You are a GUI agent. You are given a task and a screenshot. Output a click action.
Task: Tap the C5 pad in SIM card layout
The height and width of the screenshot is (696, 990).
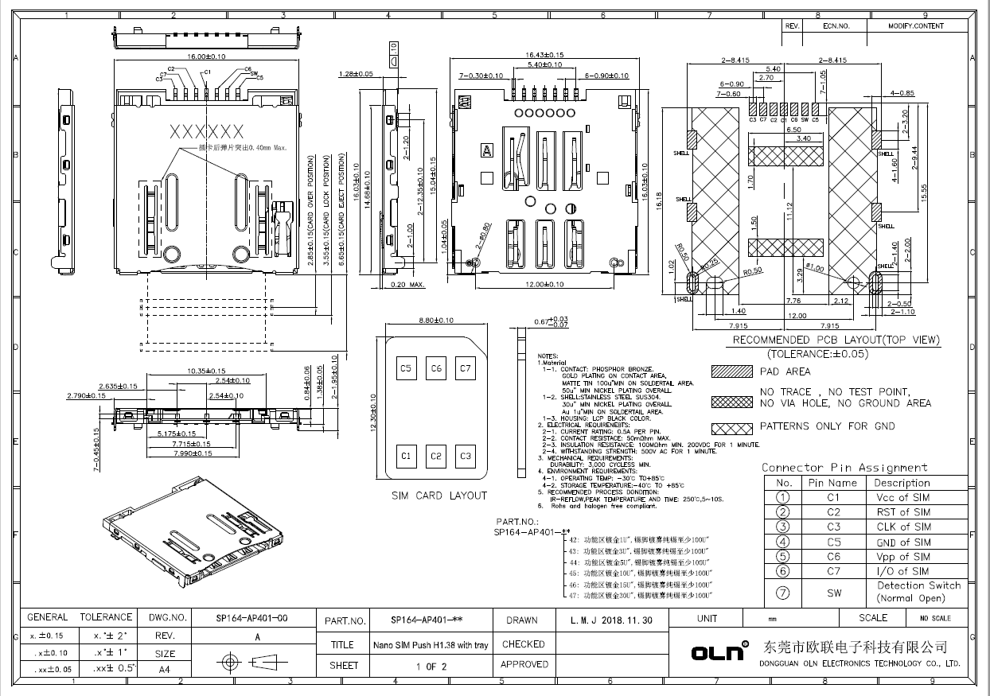coord(406,368)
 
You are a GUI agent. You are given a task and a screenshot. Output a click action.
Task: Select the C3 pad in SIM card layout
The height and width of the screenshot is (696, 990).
coord(466,456)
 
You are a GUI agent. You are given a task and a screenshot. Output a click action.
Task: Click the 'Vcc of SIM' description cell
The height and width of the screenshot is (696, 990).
coord(902,497)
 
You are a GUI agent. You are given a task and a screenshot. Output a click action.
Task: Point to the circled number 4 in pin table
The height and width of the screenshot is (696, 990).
coord(783,542)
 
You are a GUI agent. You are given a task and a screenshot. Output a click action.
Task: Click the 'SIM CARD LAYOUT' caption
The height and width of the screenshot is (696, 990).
coord(438,496)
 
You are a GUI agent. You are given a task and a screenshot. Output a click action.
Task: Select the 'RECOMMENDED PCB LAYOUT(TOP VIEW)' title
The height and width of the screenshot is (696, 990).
coord(836,340)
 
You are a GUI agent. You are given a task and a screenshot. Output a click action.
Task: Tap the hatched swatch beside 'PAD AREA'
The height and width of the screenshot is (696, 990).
coord(731,371)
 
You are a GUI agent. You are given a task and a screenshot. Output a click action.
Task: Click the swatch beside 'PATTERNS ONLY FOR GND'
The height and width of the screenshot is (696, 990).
coord(731,426)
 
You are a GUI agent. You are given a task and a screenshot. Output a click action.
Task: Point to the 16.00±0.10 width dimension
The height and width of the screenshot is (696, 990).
coord(205,57)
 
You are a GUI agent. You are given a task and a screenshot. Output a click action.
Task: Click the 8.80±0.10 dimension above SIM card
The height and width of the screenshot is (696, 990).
coord(435,320)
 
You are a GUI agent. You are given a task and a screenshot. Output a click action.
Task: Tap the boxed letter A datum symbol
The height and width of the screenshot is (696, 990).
coord(485,149)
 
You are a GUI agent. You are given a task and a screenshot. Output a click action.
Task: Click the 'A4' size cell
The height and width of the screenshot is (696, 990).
coord(164,670)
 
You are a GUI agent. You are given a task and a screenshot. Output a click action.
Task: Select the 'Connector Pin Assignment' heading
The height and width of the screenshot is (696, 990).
coord(844,467)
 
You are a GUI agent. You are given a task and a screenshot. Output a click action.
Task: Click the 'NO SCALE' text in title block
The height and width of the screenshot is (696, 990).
coord(935,619)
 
